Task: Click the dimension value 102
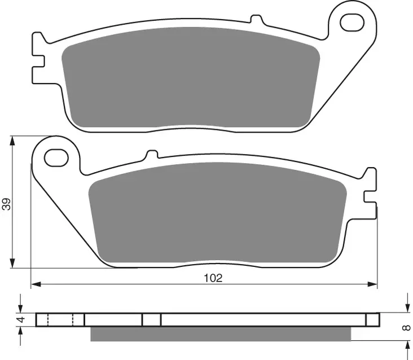click(214, 277)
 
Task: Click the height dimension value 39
click(6, 204)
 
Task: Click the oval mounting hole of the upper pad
click(351, 23)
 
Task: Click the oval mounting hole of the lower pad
click(56, 157)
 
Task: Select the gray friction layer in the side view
click(220, 334)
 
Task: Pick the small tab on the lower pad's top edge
click(151, 155)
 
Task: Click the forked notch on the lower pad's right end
click(370, 186)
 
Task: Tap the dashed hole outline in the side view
click(60, 320)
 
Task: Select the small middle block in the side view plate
click(151, 320)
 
